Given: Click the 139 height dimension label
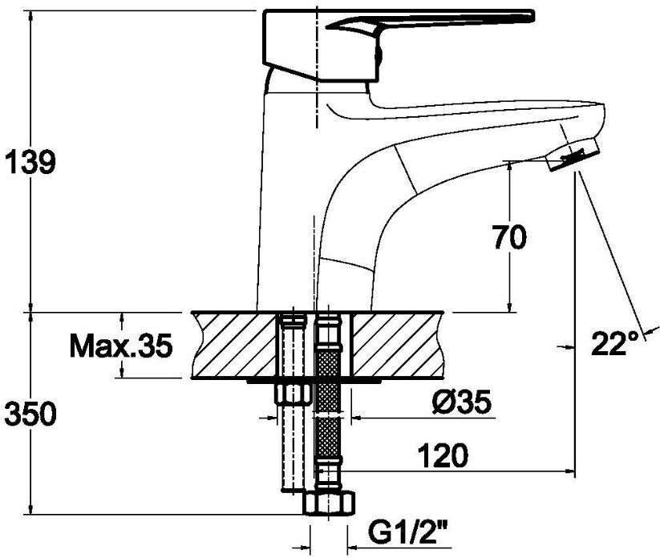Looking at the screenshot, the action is coord(30,161).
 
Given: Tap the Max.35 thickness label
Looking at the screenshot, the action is coord(121,346).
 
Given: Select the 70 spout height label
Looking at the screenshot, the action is coord(509,237).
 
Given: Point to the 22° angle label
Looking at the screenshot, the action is coord(615,343).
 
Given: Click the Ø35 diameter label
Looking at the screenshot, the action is coord(461,402).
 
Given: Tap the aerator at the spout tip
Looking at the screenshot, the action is coord(573,154).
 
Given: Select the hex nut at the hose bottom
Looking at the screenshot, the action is coord(329,503).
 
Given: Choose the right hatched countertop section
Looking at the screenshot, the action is coord(398,345).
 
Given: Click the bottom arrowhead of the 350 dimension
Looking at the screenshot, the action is coord(30,508).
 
